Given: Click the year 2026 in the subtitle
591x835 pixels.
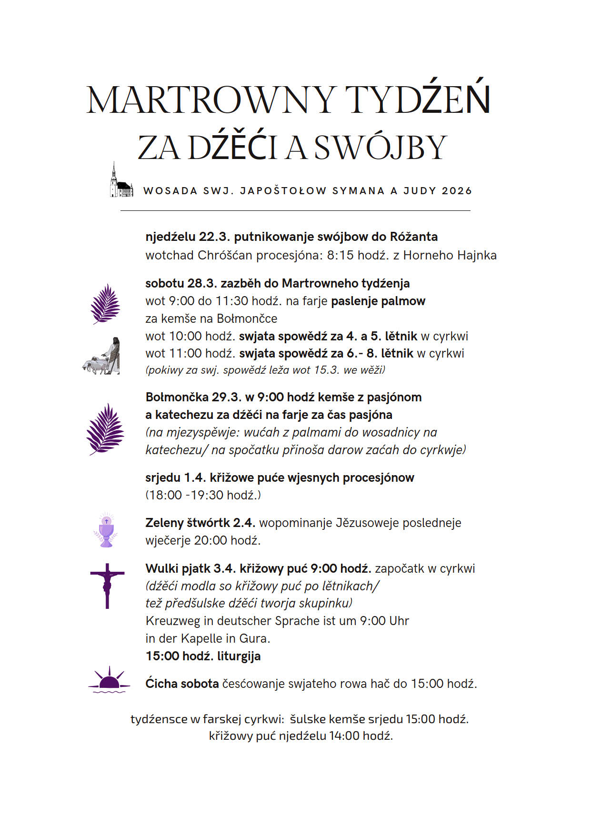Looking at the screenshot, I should [457, 191].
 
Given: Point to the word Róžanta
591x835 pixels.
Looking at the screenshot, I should [414, 237].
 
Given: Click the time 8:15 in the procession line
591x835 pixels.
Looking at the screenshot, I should [340, 255].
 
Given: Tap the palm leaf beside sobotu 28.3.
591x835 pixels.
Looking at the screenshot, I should [105, 304].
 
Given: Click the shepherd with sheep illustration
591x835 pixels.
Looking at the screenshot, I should [101, 357].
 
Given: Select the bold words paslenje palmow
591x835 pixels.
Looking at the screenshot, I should [378, 301].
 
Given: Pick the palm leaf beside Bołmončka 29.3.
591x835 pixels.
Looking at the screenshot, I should [105, 429].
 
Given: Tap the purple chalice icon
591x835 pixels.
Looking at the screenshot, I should [106, 531].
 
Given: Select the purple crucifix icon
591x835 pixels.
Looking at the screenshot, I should [107, 586].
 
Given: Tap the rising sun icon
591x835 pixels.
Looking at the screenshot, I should [110, 680].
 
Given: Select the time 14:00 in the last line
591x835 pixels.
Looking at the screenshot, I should [344, 736].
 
